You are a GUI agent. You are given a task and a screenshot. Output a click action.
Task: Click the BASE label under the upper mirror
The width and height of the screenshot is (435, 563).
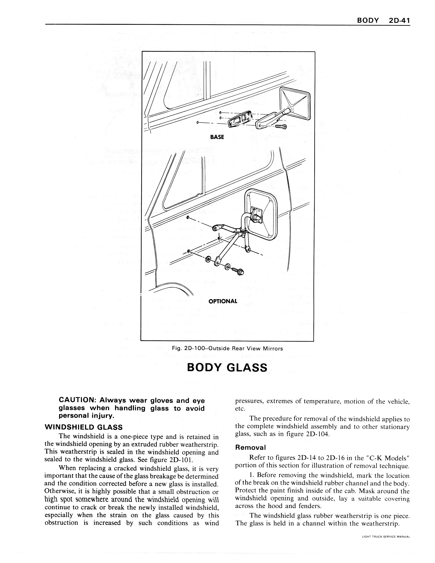[x=217, y=137]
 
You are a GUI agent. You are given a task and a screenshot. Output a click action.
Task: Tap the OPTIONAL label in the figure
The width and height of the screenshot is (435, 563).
[x=223, y=301]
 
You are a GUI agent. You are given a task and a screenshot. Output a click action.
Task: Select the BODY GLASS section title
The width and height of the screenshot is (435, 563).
[x=227, y=367]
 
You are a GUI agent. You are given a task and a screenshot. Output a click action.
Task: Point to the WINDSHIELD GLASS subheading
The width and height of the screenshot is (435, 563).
[x=84, y=427]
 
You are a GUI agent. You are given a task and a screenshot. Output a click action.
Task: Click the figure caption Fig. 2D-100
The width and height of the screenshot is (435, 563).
[x=227, y=349]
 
